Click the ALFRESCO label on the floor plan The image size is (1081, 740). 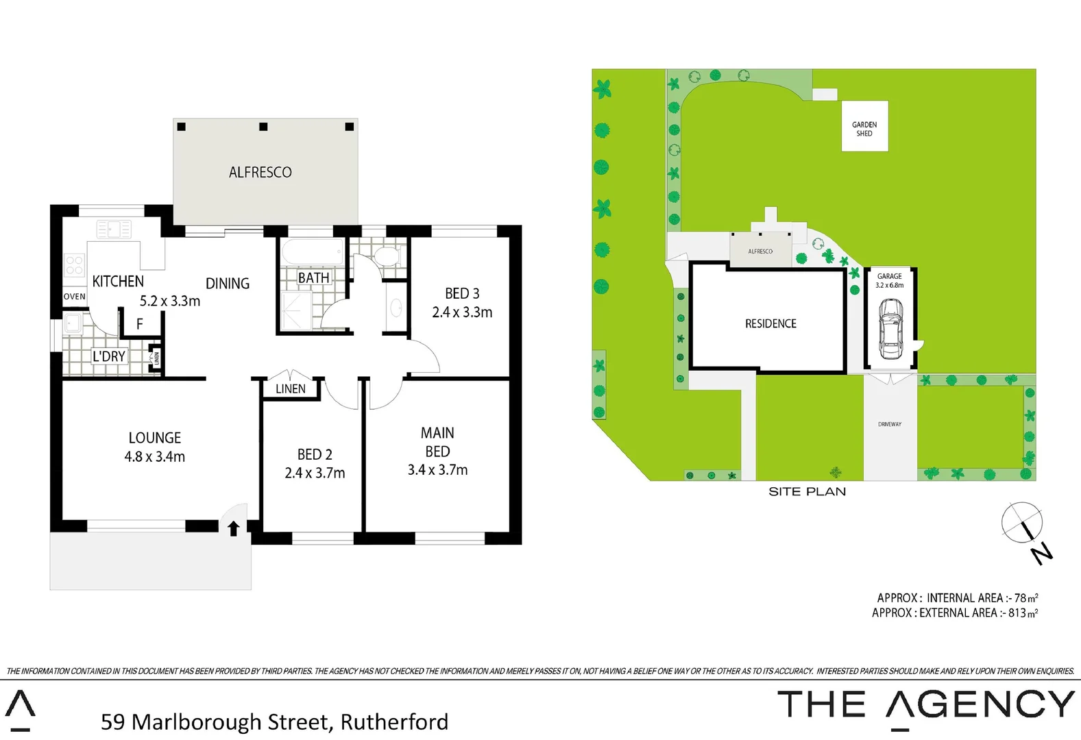tap(260, 172)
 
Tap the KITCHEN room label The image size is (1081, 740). tap(118, 281)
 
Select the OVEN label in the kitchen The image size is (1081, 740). tap(75, 297)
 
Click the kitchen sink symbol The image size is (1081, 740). tap(114, 228)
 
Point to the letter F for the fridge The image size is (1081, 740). tap(140, 324)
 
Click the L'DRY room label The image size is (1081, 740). tap(109, 356)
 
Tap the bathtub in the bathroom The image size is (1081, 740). tap(313, 252)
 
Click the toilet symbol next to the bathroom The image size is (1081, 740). tap(387, 257)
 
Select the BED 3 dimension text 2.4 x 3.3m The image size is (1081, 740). tap(462, 312)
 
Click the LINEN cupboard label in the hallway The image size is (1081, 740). tap(291, 388)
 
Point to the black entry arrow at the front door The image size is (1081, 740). tap(233, 528)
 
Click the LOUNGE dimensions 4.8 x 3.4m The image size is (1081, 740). tap(155, 456)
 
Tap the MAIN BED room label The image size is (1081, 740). tap(437, 442)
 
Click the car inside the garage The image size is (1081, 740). tap(890, 329)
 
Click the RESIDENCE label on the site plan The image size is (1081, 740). tap(770, 323)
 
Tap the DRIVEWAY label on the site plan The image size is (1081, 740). tap(890, 424)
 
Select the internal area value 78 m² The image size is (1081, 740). tap(1025, 598)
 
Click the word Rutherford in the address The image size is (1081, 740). tap(394, 721)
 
